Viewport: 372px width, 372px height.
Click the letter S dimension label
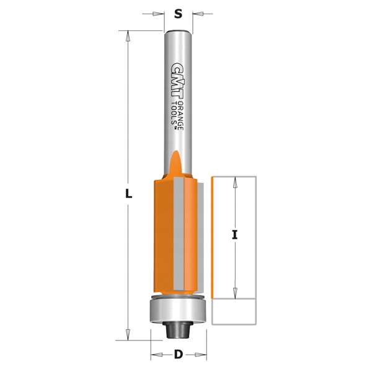click(178, 14)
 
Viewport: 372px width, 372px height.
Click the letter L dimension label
click(128, 193)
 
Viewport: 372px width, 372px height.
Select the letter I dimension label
click(236, 234)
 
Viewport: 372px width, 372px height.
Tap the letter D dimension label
click(178, 355)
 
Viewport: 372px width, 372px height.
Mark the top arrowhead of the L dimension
click(128, 36)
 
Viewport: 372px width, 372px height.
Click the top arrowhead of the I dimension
click(236, 181)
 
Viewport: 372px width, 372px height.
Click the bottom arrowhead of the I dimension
click(236, 292)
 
